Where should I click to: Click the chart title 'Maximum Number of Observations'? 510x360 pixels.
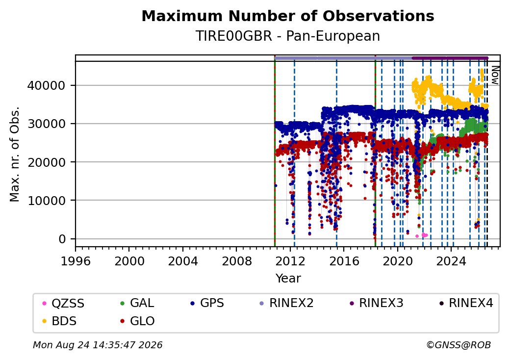pos(288,16)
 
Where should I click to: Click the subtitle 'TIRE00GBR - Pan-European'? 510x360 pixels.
pos(288,36)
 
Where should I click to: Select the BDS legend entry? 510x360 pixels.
pos(60,321)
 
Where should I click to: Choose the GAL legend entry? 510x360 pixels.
pos(137,303)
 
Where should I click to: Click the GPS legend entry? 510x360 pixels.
pos(207,303)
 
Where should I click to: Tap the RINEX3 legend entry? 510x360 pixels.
pos(376,303)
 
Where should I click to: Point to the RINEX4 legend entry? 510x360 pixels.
pos(466,303)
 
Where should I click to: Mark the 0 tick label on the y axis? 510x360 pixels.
pos(62,239)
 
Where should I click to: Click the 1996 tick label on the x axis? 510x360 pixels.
pos(76,261)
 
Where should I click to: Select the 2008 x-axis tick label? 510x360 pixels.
pos(237,261)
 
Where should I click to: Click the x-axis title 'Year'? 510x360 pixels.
pos(288,279)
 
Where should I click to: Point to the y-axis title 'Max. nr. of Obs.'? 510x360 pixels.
pos(15,154)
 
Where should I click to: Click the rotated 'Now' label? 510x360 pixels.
pos(495,75)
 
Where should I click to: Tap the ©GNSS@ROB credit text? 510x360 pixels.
pos(459,345)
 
